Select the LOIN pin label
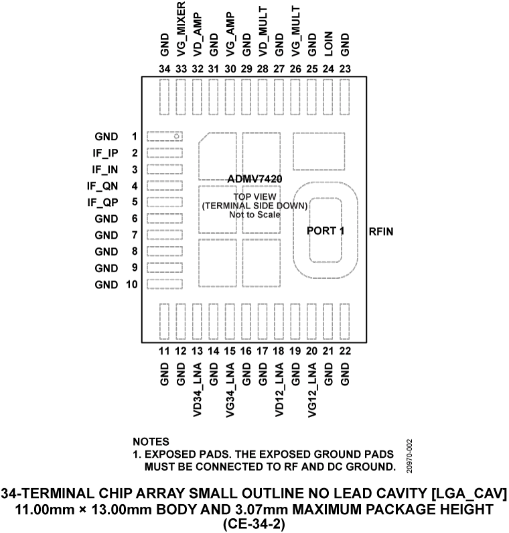coord(329,42)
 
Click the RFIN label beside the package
coord(380,231)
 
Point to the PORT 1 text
coord(325,231)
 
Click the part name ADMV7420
coord(254,180)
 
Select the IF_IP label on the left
coord(106,153)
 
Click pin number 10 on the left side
coord(131,285)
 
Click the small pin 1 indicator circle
coord(177,137)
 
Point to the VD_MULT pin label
coord(263,31)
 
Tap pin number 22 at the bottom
coord(345,351)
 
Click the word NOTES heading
coord(151,442)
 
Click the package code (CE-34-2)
coord(254,524)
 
